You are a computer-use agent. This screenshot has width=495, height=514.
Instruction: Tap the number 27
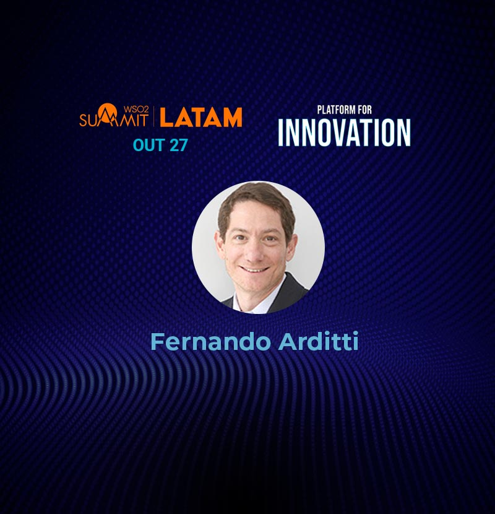(179, 145)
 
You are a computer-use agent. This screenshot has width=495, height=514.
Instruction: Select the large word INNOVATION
(344, 133)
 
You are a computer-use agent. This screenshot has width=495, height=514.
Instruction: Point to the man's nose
(255, 251)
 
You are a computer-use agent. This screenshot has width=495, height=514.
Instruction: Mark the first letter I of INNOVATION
(281, 133)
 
